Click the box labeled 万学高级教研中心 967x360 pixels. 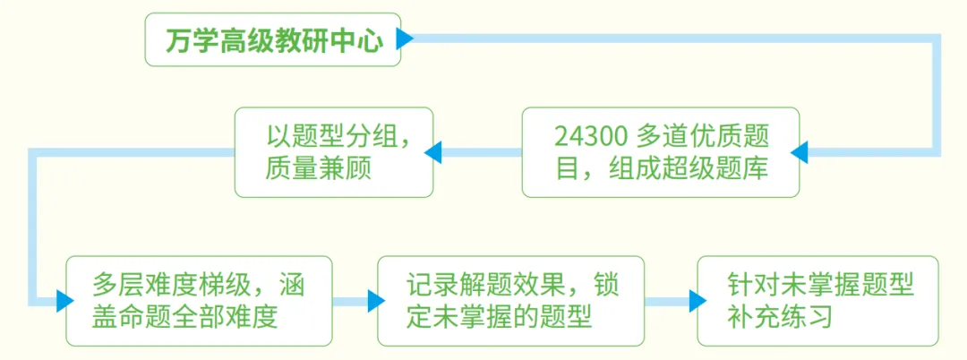pos(273,40)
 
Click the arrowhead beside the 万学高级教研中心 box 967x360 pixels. pos(405,39)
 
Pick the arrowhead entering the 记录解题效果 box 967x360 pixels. pos(375,301)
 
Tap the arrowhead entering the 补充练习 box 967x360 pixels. pos(697,301)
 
